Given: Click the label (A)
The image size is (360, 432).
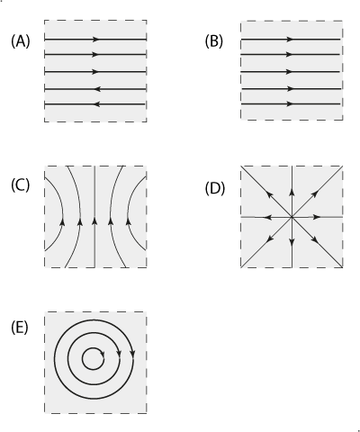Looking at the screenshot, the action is [21, 41].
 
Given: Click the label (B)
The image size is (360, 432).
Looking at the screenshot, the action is [214, 41].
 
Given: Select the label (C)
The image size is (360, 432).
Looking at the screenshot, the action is [21, 184].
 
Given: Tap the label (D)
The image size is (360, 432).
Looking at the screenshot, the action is [215, 189].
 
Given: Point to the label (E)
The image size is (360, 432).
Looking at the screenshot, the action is [20, 328].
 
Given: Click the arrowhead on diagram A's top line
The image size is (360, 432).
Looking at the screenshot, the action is [95, 40].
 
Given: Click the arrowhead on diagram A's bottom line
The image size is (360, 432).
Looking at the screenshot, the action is [97, 104].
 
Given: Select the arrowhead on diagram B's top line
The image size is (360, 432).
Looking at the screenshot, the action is [290, 40].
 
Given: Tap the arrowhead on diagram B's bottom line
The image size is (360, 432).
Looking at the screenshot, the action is [290, 104].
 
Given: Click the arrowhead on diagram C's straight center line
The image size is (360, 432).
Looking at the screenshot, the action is [94, 221].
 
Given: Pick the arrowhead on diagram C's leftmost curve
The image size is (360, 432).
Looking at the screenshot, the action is [63, 221].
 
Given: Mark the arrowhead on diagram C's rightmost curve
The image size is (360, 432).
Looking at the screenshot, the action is [129, 221].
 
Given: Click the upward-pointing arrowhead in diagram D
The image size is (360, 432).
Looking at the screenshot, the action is [292, 192].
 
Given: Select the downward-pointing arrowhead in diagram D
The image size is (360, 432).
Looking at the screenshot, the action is [292, 242].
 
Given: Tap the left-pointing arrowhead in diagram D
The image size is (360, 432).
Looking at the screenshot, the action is [267, 217].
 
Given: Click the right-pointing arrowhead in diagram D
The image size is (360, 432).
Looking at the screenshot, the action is [317, 217].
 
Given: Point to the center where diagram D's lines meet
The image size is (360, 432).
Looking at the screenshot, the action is [292, 217].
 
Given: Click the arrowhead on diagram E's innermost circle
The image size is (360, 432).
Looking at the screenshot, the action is [103, 354].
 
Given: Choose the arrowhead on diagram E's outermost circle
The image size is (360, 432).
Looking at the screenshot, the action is [133, 354].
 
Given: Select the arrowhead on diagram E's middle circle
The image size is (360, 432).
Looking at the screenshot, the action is [119, 353].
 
